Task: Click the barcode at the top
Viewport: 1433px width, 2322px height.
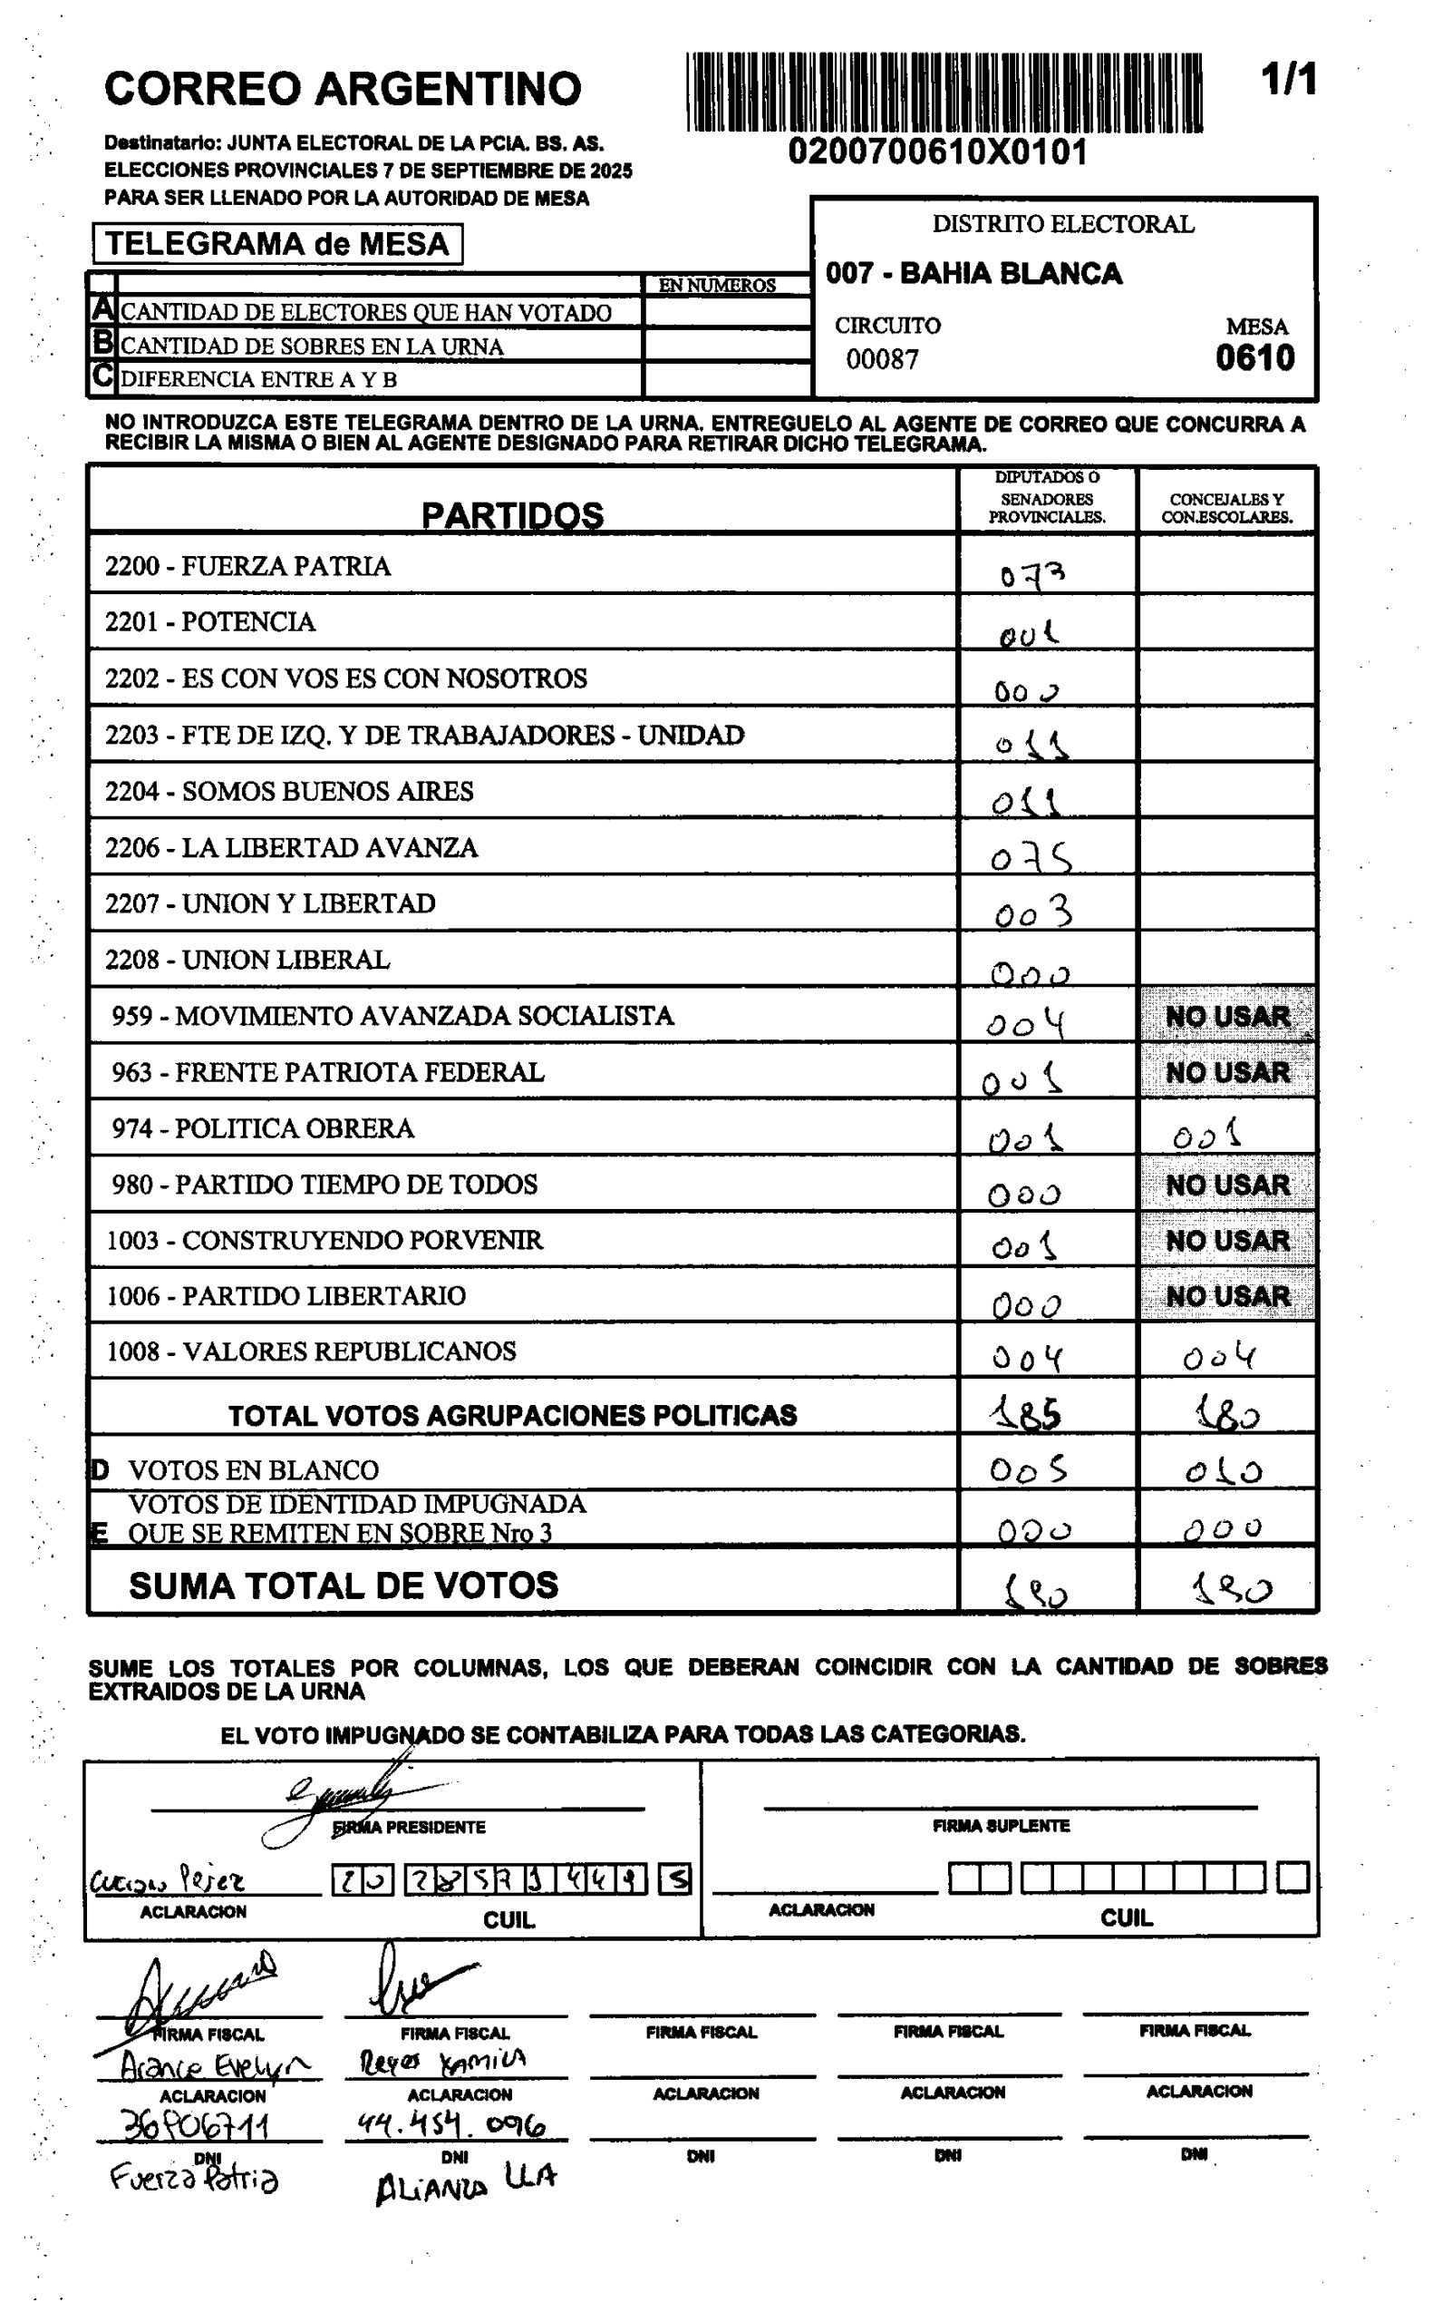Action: [944, 92]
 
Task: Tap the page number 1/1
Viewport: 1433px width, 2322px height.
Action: [1288, 80]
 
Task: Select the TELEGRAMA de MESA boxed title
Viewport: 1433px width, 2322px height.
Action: [276, 244]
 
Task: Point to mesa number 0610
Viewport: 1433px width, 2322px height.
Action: [1254, 358]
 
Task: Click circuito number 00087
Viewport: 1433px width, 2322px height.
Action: [881, 359]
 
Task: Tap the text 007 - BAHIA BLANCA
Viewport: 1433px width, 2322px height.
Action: [973, 274]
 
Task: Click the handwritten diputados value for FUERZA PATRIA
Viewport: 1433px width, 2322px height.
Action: [1032, 573]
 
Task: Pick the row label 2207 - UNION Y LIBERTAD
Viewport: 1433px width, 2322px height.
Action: [270, 903]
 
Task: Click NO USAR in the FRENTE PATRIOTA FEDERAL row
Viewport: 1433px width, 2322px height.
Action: [1226, 1072]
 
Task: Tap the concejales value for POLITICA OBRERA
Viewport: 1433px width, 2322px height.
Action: [1206, 1134]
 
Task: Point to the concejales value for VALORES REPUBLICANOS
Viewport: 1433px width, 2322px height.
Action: [1219, 1358]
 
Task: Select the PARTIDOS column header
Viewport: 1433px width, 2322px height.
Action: [512, 515]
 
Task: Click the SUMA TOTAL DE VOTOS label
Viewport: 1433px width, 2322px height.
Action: [344, 1585]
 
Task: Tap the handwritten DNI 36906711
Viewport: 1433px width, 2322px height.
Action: [197, 2127]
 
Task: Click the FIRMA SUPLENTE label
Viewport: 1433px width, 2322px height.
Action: [1001, 1826]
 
